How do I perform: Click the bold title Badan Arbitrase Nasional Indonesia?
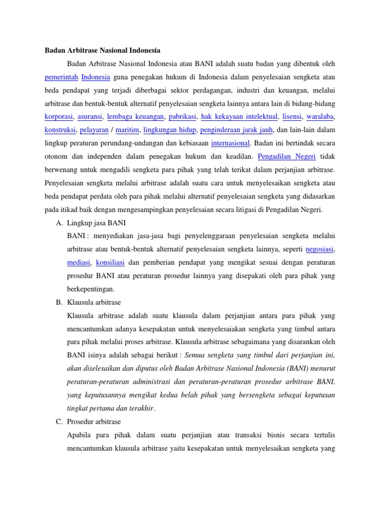[x=102, y=51]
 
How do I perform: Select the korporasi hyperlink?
[x=59, y=116]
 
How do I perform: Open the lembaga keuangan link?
[x=135, y=116]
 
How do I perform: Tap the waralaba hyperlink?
[x=320, y=116]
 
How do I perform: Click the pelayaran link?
[x=94, y=130]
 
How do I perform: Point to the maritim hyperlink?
[x=128, y=130]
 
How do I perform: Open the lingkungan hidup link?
[x=170, y=130]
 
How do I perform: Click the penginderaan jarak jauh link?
[x=236, y=130]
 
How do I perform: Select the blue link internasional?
[x=230, y=143]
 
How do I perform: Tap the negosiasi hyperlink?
[x=320, y=249]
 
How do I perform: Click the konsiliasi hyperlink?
[x=110, y=262]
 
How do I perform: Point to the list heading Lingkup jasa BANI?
[x=99, y=222]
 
